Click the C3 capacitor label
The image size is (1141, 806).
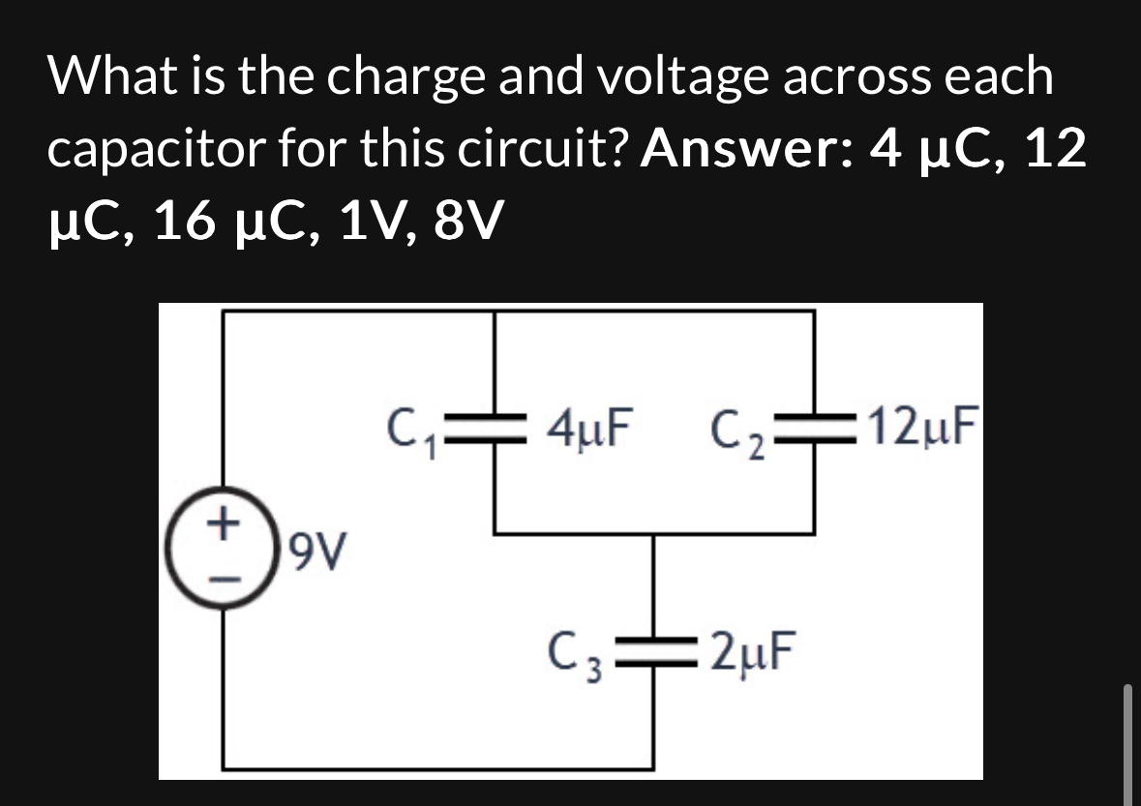point(578,655)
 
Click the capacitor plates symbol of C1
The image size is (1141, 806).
point(495,427)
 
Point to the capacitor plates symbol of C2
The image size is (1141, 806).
point(813,427)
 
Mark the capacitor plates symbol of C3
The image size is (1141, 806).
point(655,655)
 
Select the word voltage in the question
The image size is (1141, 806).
point(677,76)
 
